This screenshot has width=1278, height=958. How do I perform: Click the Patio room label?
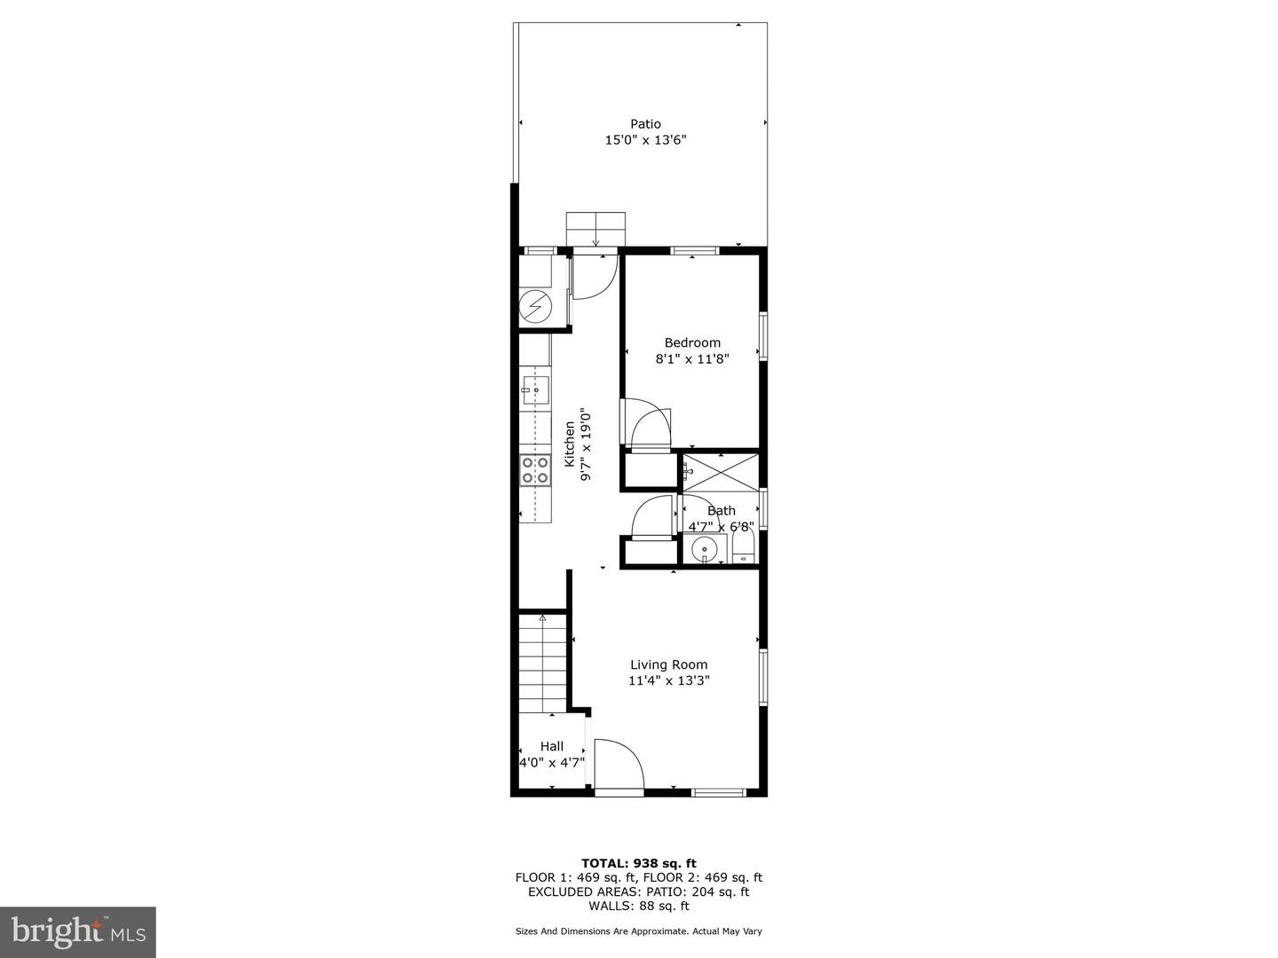[x=645, y=124]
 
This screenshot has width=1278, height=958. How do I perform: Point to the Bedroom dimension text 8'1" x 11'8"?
[x=692, y=359]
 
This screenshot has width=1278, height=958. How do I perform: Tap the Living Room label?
[x=669, y=664]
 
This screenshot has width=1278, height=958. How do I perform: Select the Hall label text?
[x=551, y=746]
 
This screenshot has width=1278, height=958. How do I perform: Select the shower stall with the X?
[x=721, y=472]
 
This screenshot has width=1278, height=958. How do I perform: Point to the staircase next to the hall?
[x=542, y=664]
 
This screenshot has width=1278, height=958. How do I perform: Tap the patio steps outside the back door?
[x=596, y=229]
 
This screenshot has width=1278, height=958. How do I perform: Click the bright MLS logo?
[x=78, y=932]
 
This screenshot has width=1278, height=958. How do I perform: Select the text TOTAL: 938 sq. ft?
[x=639, y=863]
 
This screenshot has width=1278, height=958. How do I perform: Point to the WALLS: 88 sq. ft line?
[x=639, y=906]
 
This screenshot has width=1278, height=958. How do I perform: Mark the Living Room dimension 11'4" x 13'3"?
[x=669, y=680]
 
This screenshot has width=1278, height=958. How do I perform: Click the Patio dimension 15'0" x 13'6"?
[x=646, y=140]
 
